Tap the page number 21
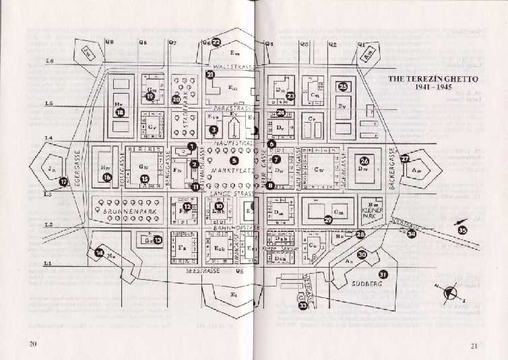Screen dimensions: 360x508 pyautogui.click(x=474, y=346)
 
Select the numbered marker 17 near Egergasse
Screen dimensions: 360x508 pyautogui.click(x=63, y=181)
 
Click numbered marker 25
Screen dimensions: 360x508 pyautogui.click(x=343, y=86)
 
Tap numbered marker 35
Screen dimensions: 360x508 pyautogui.click(x=462, y=230)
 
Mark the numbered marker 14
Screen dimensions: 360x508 pyautogui.click(x=100, y=253)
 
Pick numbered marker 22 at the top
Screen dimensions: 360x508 pyautogui.click(x=216, y=41)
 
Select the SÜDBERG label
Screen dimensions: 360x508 pyautogui.click(x=367, y=284)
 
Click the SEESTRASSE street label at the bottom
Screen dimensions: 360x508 pyautogui.click(x=202, y=270)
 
